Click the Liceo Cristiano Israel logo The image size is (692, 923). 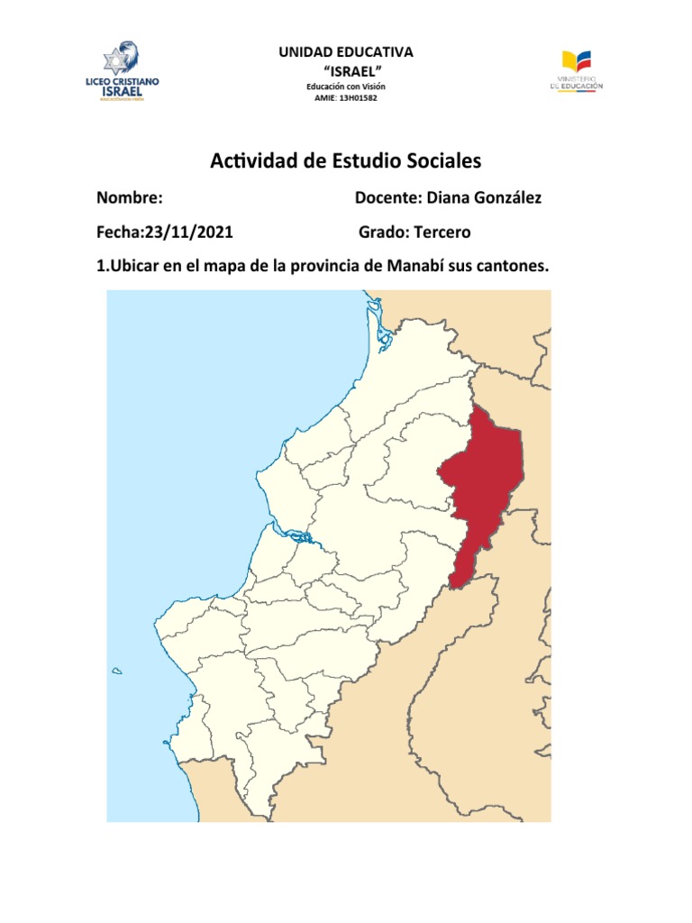[x=123, y=71]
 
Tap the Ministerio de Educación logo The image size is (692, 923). [x=576, y=70]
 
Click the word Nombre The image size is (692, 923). [x=129, y=197]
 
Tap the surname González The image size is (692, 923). [x=506, y=197]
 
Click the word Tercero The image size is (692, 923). [x=442, y=233]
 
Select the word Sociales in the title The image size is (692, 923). [x=440, y=161]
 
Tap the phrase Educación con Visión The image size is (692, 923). [x=347, y=86]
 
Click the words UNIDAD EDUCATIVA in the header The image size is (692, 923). [x=346, y=52]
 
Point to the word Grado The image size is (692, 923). [x=382, y=233]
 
